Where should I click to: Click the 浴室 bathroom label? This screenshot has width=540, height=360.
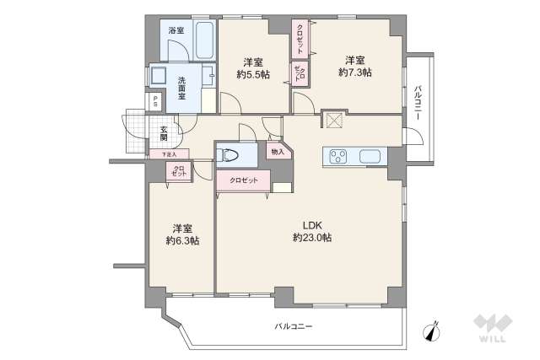175,31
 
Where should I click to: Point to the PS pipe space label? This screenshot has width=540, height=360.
154,99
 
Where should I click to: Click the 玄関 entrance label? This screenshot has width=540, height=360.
163,133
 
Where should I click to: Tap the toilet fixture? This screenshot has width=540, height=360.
225,154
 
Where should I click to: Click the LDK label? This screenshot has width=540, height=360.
312,224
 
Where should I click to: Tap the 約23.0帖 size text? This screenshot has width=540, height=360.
312,238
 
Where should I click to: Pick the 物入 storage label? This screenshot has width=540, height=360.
276,152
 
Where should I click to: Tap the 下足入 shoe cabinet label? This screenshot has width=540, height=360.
169,155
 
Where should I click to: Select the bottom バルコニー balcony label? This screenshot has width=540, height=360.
292,326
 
